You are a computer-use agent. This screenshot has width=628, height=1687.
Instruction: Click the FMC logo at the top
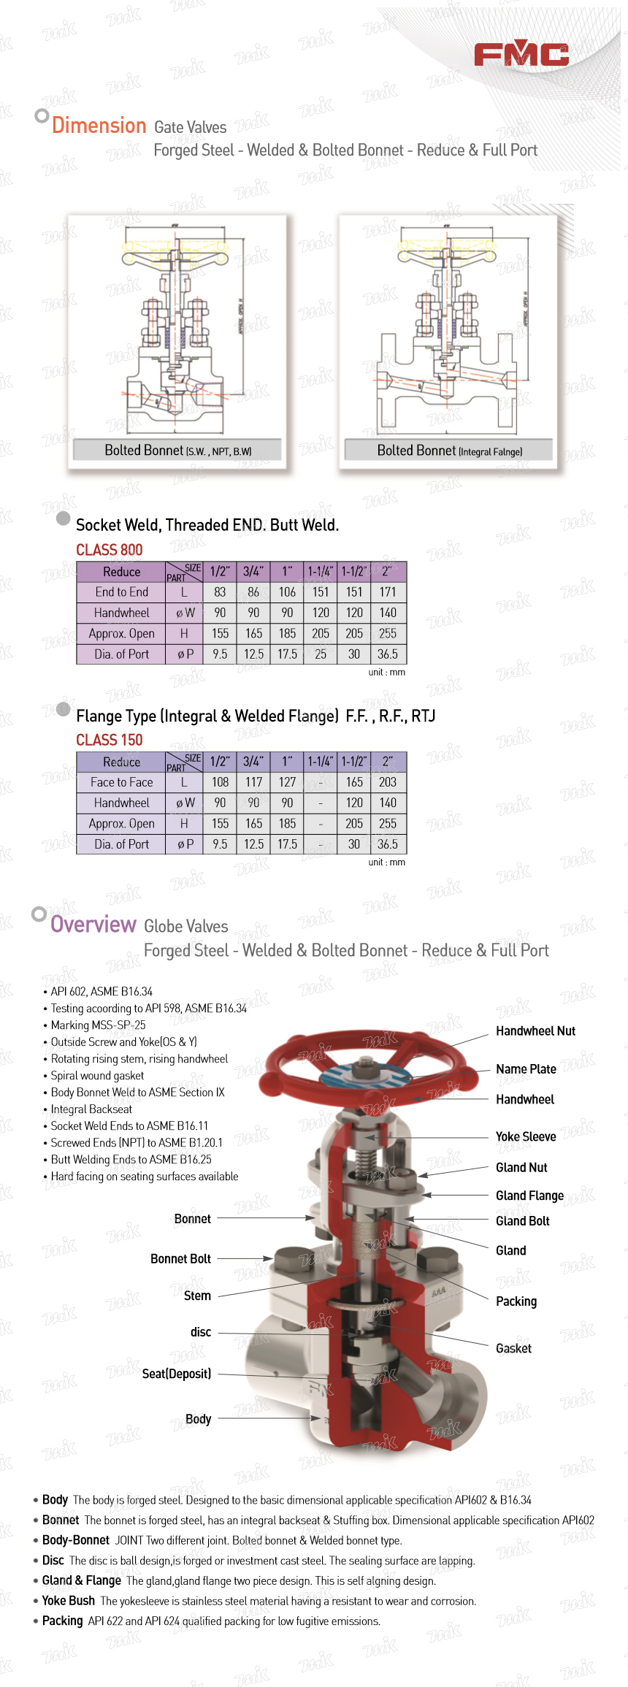pos(521,54)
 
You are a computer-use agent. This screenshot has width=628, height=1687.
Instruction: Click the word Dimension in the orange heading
pos(99,126)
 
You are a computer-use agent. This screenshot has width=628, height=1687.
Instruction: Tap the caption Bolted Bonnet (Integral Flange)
pos(449,451)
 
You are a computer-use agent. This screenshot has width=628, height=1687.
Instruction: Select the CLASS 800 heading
pos(110,550)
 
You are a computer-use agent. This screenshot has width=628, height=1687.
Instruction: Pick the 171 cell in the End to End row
pos(388,592)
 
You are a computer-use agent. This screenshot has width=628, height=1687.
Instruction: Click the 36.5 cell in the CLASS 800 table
pos(388,654)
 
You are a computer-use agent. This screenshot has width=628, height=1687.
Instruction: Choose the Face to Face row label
pos(121,782)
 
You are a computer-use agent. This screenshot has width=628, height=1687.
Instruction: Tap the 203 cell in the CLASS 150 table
pos(388,782)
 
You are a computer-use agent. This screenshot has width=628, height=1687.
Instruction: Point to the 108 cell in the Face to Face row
pos(220,782)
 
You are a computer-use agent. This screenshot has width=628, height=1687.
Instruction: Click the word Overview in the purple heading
pos(93,925)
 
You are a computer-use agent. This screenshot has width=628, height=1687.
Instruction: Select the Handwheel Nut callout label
pos(535,1031)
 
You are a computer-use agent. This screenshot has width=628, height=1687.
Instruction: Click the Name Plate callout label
pos(526,1069)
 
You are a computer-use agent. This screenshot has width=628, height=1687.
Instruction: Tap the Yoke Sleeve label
pos(526,1136)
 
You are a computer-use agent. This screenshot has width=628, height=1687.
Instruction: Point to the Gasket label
pos(513,1348)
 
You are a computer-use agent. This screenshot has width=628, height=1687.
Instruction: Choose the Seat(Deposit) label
pos(177,1374)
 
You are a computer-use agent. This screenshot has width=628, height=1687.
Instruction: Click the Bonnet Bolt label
pos(180,1258)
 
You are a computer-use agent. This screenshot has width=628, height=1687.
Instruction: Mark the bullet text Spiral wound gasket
pos(97,1076)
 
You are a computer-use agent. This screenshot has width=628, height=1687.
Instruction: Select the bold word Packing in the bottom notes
pos(63,1621)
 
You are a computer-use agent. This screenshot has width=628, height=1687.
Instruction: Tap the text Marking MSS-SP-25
pos(98,1025)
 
